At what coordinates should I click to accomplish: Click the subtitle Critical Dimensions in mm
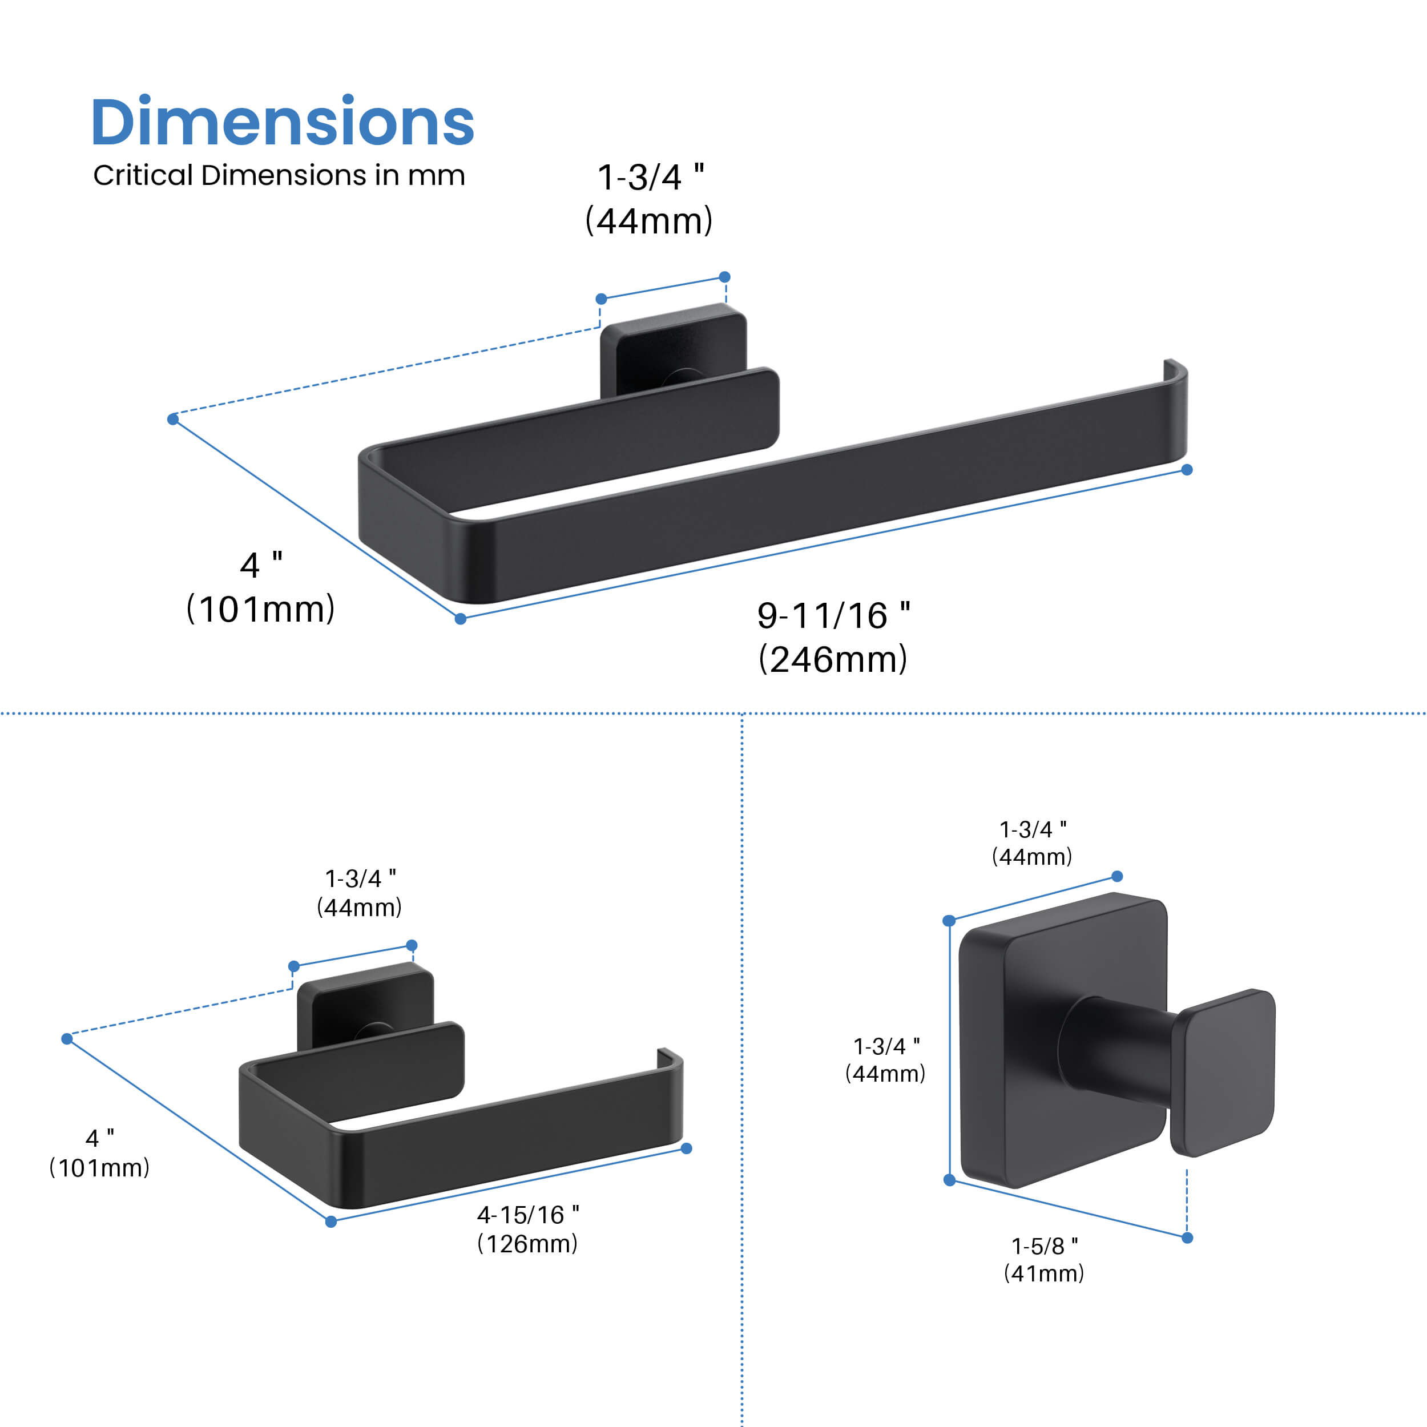pyautogui.click(x=279, y=176)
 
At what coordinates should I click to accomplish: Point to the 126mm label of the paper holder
pyautogui.click(x=527, y=1244)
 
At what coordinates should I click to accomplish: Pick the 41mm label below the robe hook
pyautogui.click(x=1043, y=1273)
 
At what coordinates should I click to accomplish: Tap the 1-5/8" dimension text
pyautogui.click(x=1043, y=1246)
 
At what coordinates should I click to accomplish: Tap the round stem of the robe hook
pyautogui.click(x=1115, y=1048)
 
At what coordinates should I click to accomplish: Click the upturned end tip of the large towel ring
pyautogui.click(x=1174, y=369)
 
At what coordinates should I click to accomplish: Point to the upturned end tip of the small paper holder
pyautogui.click(x=668, y=1056)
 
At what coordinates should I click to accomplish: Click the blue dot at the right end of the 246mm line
pyautogui.click(x=1187, y=470)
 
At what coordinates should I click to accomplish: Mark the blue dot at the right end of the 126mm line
pyautogui.click(x=686, y=1148)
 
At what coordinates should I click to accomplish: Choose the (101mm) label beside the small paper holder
pyautogui.click(x=99, y=1168)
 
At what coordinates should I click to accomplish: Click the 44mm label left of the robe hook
pyautogui.click(x=885, y=1073)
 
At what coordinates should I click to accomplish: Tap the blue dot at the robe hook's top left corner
pyautogui.click(x=949, y=920)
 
